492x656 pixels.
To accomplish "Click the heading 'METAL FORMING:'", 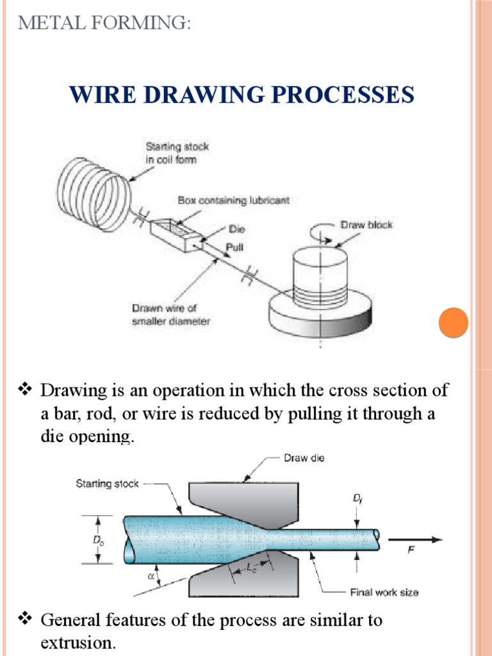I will tap(104, 24).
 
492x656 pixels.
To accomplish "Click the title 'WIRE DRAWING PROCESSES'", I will tap(242, 95).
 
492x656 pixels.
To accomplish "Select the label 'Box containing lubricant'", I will tap(233, 201).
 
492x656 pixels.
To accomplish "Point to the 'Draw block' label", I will tap(366, 225).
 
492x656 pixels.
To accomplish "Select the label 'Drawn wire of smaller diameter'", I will tap(170, 315).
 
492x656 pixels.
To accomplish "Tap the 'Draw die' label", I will tap(304, 458).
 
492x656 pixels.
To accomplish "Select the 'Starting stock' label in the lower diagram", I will tap(107, 484).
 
